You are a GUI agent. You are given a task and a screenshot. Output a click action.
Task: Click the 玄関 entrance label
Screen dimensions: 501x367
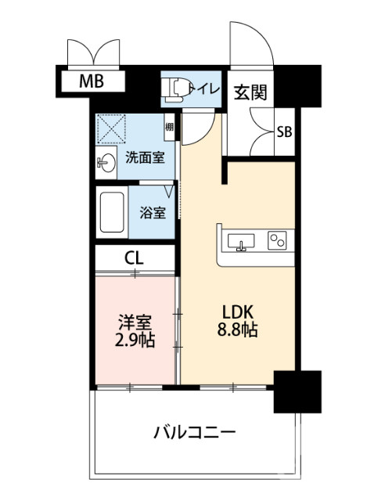[x=250, y=92]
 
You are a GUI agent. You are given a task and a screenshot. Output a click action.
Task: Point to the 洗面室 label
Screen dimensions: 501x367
[x=146, y=157]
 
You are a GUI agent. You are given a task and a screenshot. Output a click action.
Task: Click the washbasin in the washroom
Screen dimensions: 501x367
[x=107, y=162]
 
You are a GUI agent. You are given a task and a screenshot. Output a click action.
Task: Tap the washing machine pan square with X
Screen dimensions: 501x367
[x=112, y=129]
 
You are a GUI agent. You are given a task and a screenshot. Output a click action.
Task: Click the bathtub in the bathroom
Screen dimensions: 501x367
[x=113, y=211]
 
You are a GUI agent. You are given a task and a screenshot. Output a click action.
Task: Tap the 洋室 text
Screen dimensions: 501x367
[x=135, y=322]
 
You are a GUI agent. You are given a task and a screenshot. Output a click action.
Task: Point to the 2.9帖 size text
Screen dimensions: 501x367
[x=135, y=341]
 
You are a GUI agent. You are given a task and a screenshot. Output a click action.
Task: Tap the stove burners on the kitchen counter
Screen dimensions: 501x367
[x=277, y=240]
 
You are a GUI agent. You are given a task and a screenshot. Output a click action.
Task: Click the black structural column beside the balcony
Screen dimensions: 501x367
[x=297, y=391]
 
